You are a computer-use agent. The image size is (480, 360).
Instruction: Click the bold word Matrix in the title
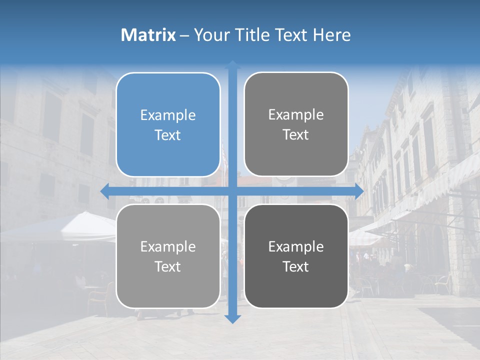point(148,35)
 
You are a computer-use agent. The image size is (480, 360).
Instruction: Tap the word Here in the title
point(331,35)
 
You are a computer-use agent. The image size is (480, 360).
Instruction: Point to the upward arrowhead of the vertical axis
point(232,65)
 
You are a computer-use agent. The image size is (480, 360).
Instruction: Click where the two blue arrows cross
point(232,191)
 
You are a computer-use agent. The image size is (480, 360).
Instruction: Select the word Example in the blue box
point(168,115)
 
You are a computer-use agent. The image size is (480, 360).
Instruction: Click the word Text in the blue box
point(168,135)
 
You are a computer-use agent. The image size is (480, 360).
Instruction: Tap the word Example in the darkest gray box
point(296,246)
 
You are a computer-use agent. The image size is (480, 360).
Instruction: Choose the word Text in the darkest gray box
point(296,266)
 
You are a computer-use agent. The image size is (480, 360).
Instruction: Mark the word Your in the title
point(208,35)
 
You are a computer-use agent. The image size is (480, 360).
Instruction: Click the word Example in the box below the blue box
point(168,246)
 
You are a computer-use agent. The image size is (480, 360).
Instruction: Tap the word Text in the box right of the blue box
point(296,134)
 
